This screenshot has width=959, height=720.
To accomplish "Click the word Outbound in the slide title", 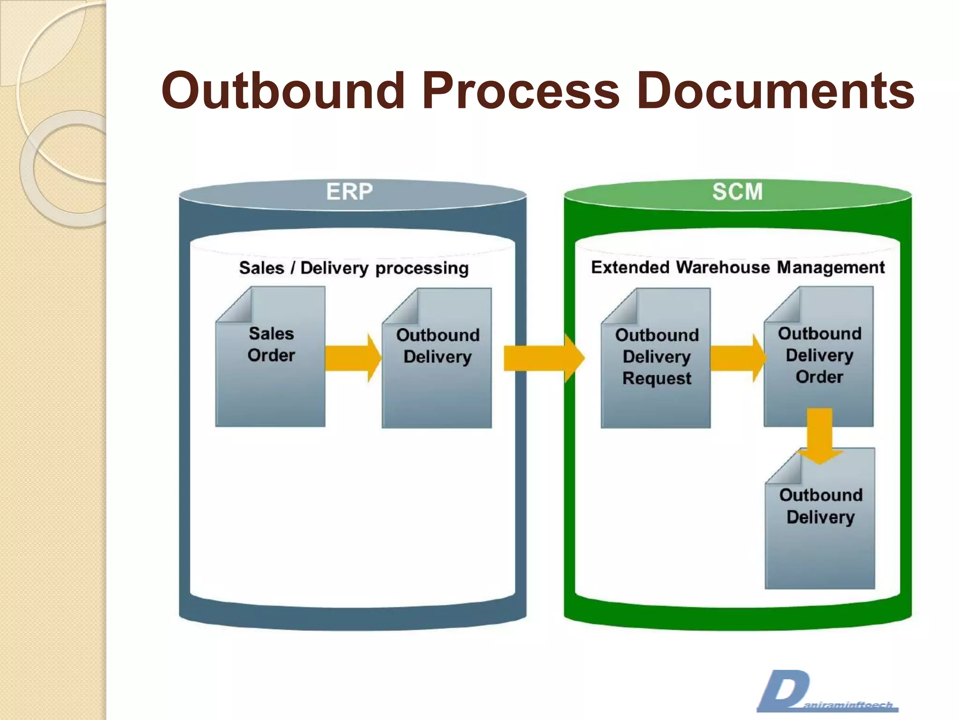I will [283, 90].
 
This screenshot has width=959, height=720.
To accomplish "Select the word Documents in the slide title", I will [775, 90].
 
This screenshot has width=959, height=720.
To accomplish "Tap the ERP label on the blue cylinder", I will [349, 191].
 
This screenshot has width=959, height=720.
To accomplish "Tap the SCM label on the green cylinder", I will [738, 191].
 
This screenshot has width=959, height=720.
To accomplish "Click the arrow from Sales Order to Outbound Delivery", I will [353, 358].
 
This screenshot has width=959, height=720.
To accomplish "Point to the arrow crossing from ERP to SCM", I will [543, 359].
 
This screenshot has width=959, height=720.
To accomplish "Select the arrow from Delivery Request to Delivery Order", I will [738, 358].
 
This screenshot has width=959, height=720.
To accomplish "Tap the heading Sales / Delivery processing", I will [354, 268].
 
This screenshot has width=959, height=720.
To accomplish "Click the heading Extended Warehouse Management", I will [738, 267].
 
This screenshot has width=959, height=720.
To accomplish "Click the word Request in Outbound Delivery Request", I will [657, 378].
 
